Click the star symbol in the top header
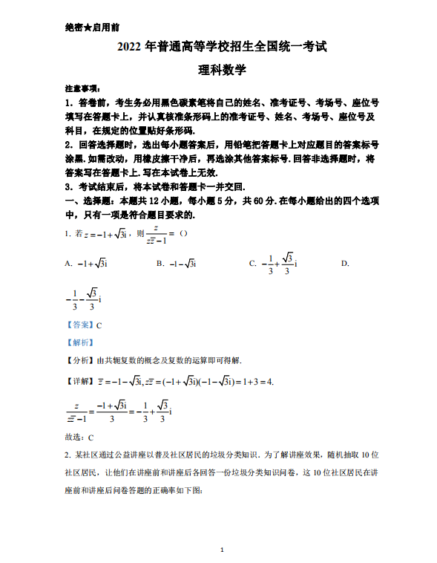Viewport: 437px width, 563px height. tap(88, 27)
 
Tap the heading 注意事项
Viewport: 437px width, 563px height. tap(81, 88)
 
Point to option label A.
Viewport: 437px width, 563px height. tap(68, 263)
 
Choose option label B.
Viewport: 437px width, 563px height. tap(159, 263)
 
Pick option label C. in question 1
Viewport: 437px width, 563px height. tap(252, 263)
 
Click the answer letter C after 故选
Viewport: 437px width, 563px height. tap(91, 437)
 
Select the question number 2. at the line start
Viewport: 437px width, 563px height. tap(68, 455)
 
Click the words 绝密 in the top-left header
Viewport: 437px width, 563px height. tap(73, 27)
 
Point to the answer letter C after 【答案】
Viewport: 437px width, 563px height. tap(99, 325)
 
